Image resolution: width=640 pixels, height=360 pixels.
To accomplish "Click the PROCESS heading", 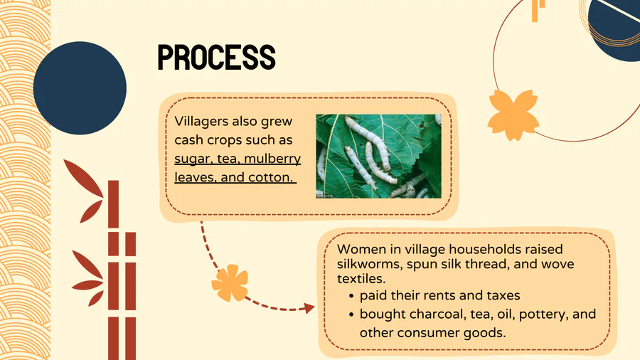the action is pos(216,57).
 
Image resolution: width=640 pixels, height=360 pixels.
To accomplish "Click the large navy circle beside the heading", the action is pos(80,88).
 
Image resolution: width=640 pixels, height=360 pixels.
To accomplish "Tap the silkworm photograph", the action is pos(378,157).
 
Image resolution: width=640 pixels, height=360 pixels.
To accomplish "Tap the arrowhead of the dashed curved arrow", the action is pos(310,308).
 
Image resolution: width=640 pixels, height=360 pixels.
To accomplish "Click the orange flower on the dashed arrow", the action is pos(230,283).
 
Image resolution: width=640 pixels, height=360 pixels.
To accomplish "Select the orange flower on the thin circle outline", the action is pos(513,115).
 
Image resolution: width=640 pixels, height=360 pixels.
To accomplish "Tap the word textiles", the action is pos(361,279).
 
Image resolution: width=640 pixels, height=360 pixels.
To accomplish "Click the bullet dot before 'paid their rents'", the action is pos(351,297).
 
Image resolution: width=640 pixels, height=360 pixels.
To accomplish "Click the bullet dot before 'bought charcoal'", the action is pos(351,314).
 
